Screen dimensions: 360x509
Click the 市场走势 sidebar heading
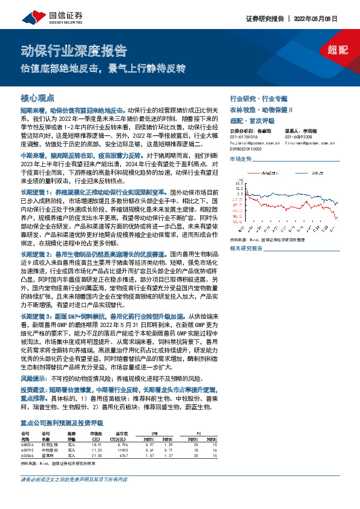240,158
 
